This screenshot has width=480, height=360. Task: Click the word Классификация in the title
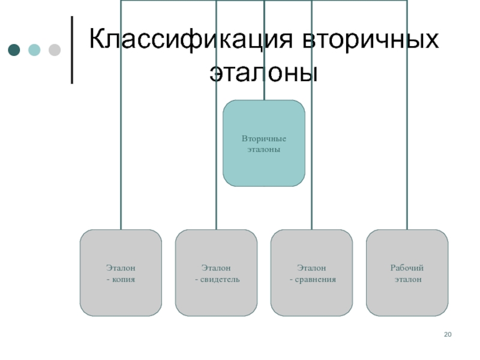point(191,40)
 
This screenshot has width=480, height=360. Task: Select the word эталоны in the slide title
point(263,72)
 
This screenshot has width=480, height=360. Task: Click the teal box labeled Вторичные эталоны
point(263,143)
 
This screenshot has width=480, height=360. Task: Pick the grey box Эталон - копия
point(121,273)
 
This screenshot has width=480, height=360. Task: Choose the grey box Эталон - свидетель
point(216,273)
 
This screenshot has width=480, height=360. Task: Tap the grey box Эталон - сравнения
point(311,273)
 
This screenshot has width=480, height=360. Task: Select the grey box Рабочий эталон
point(407,273)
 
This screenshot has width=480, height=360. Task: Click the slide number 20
point(448,334)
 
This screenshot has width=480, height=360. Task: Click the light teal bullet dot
point(34,50)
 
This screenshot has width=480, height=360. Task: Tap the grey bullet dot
point(54,50)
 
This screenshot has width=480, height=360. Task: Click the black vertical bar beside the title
point(73,50)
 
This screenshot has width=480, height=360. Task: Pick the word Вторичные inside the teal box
point(264,139)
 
